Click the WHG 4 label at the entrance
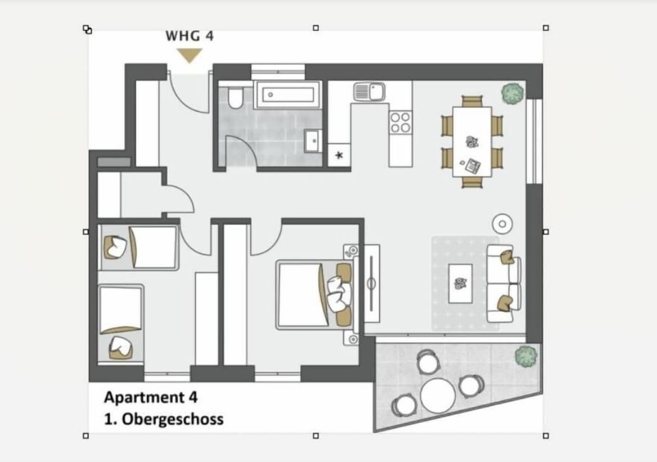[190, 36]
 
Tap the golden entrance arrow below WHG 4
[190, 56]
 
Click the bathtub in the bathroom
[287, 95]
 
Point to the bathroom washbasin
[313, 140]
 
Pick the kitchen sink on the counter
[370, 91]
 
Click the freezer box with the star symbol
[339, 155]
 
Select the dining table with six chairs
[472, 142]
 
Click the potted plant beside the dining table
[513, 93]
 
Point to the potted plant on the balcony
[526, 356]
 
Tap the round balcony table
[438, 394]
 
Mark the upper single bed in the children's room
[140, 246]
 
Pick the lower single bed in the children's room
[121, 322]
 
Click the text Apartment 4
[151, 397]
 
